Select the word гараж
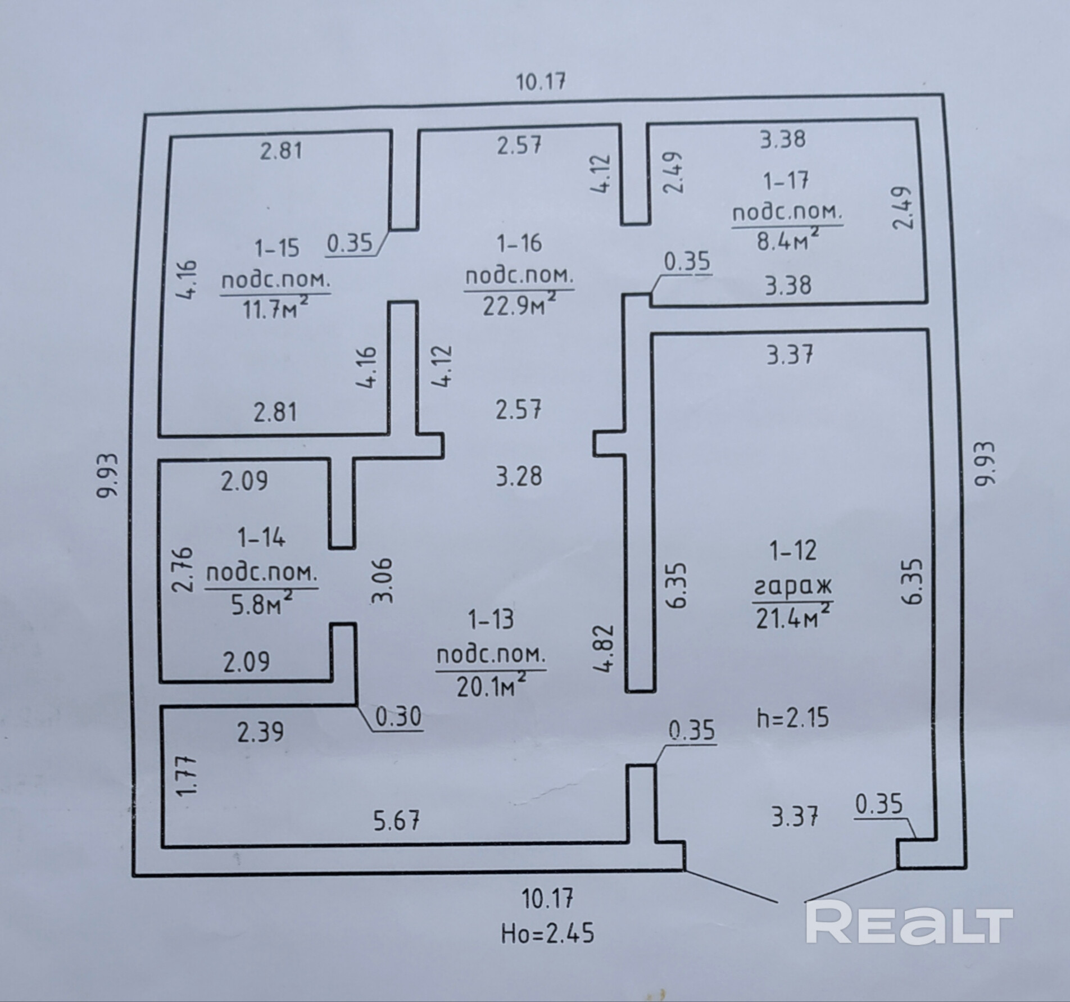tap(792, 588)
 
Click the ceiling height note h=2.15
tap(792, 719)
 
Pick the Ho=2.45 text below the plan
tap(547, 934)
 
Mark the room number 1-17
tap(786, 181)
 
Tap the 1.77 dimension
tap(187, 776)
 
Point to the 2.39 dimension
tap(260, 732)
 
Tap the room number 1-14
tap(261, 538)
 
